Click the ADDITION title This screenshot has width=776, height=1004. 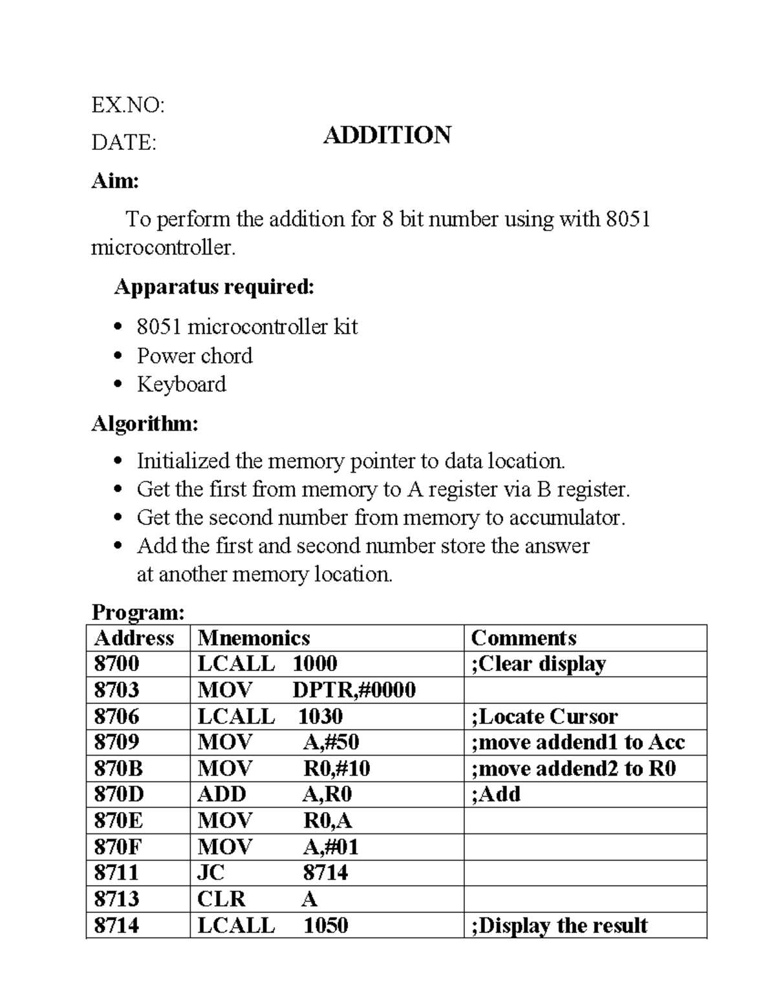(387, 135)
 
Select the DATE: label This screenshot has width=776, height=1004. (124, 142)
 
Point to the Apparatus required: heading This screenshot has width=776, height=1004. (214, 286)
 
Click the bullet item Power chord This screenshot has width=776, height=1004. (194, 356)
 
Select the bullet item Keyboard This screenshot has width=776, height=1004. (181, 384)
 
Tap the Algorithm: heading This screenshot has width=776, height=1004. (145, 423)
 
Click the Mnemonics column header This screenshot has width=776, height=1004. (253, 638)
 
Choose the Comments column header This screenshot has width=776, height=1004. (523, 638)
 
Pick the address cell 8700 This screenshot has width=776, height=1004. (116, 664)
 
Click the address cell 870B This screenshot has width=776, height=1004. (118, 769)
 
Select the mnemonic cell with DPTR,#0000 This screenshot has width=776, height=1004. (306, 690)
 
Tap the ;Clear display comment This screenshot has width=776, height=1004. (539, 664)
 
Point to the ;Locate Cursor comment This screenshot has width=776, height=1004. (544, 716)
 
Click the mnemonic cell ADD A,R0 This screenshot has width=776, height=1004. (274, 795)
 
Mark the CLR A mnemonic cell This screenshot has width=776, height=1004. (257, 899)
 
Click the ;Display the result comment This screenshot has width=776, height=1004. (559, 925)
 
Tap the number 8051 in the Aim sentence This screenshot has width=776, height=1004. (627, 219)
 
